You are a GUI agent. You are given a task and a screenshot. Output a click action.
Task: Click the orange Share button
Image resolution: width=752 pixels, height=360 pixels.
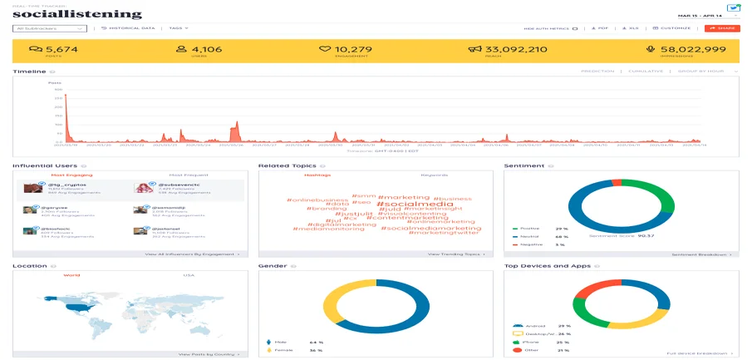point(721,28)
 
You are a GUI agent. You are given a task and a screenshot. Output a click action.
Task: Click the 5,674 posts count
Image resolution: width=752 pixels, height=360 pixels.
point(61,49)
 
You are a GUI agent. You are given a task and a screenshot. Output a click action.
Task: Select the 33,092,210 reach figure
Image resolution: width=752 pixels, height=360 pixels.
point(515,49)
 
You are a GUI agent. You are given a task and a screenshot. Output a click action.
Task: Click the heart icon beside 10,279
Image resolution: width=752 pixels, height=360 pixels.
point(326,50)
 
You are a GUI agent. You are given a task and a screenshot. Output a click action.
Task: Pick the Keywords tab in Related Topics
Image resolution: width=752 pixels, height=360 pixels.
point(434,175)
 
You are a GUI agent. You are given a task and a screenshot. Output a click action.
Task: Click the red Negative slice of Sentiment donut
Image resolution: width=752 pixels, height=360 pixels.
point(615,181)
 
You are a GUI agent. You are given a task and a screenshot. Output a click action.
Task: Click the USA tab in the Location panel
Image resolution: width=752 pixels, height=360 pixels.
point(188,275)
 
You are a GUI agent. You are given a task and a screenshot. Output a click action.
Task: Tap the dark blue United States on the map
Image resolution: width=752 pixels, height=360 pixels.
point(79,308)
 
